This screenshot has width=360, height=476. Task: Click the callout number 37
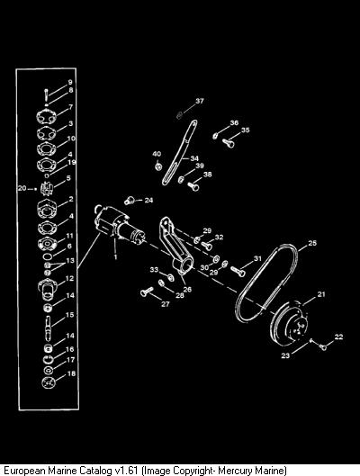[200, 101]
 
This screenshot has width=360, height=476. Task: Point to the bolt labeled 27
[148, 292]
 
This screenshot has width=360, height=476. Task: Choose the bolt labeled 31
[238, 271]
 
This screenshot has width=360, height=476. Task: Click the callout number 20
[22, 188]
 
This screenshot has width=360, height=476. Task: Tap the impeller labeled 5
[47, 188]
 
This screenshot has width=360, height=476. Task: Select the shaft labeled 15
[49, 326]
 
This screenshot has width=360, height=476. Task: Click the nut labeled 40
[157, 166]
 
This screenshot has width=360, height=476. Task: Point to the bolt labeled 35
[229, 142]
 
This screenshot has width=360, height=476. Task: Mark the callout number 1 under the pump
[115, 257]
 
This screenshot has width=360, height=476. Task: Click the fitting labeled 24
[130, 201]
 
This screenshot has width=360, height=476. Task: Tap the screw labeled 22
[323, 346]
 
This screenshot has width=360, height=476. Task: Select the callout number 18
[71, 373]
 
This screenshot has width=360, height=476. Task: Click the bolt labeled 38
[193, 185]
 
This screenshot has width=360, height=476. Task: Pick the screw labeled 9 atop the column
[46, 94]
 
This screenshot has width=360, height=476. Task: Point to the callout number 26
[187, 290]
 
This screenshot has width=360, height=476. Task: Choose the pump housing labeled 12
[48, 290]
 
